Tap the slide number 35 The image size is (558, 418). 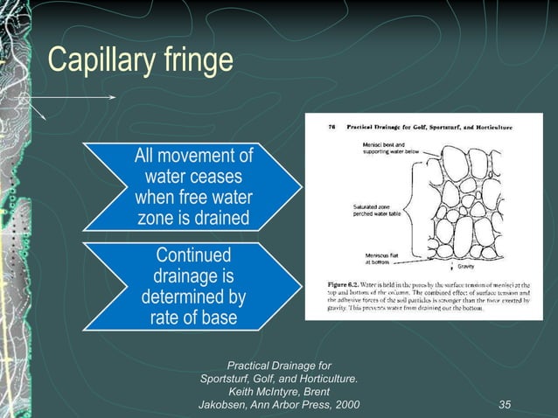pos(505,405)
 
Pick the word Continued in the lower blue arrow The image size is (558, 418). pos(193,255)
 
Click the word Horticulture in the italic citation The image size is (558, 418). pos(322,379)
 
